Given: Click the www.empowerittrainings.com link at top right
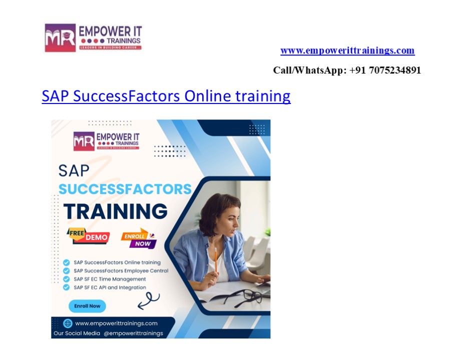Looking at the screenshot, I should [x=347, y=50].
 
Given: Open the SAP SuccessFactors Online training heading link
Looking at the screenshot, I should [x=166, y=95].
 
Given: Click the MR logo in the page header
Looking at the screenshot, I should [x=60, y=37].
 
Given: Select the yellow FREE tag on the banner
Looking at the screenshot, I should [x=76, y=232].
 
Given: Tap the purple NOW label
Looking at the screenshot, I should [x=142, y=243].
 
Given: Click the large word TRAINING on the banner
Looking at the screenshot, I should [x=115, y=211].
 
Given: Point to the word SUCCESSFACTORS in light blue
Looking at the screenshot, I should [x=125, y=189].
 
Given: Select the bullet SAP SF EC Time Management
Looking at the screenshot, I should [x=110, y=279].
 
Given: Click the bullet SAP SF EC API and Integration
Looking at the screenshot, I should [x=110, y=287].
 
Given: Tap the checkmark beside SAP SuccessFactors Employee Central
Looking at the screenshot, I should [x=67, y=270].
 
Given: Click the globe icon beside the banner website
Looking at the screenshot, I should [x=68, y=323].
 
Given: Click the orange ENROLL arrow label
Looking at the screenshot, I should [x=135, y=235].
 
